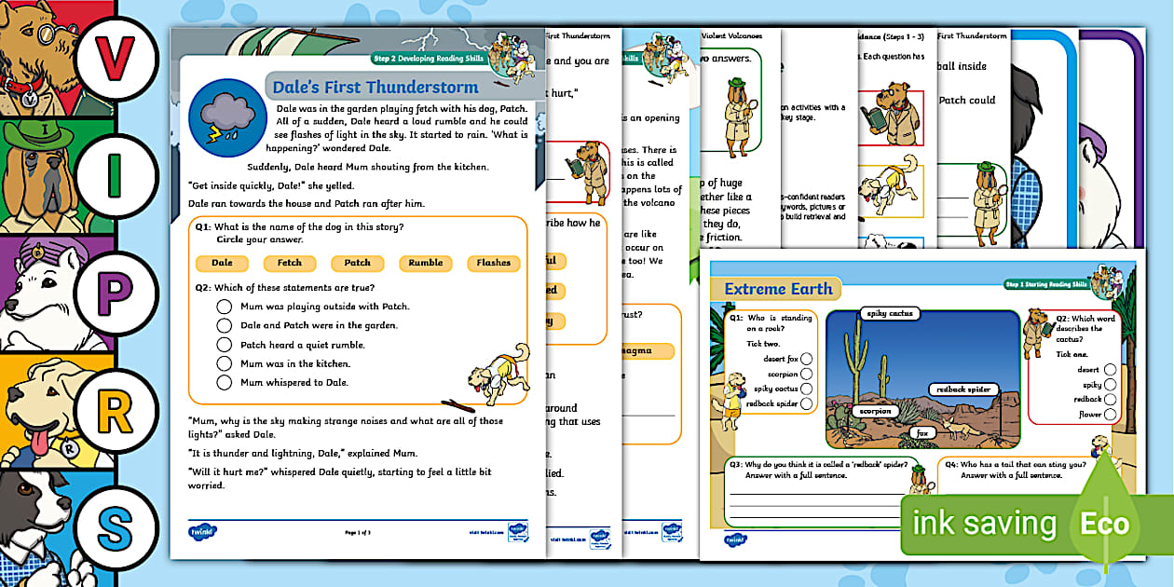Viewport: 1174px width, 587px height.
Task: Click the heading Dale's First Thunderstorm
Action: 375,88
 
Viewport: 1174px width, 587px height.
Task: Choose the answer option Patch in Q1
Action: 357,263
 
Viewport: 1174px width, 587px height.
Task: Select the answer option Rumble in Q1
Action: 426,263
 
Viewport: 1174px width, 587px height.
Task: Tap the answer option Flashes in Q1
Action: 494,263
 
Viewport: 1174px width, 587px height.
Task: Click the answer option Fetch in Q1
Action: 289,263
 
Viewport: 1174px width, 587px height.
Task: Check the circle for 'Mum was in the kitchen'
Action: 224,363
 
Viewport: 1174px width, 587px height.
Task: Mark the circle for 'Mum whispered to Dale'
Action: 224,382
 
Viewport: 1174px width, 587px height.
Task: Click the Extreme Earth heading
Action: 778,289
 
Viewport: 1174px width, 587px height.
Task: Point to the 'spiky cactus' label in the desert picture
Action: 889,314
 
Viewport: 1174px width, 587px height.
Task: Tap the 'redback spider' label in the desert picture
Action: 963,389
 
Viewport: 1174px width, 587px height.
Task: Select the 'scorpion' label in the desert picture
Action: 876,411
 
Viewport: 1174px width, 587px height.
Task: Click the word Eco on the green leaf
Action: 1104,524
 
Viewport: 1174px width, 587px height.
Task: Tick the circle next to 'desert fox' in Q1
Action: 806,359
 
